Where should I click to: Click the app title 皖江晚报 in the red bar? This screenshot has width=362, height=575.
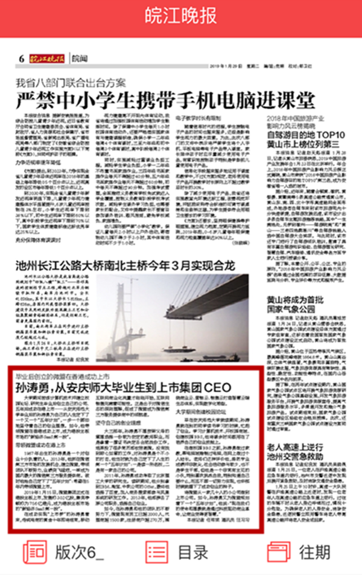point(180,16)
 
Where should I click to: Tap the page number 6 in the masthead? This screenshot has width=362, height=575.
point(21,59)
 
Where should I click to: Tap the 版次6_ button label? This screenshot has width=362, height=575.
point(79,552)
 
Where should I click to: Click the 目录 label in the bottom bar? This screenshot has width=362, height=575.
point(193,552)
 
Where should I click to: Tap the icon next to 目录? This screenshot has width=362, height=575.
point(157,552)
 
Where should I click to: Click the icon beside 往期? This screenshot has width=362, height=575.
point(279,552)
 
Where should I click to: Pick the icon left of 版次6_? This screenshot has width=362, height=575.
point(34,552)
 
